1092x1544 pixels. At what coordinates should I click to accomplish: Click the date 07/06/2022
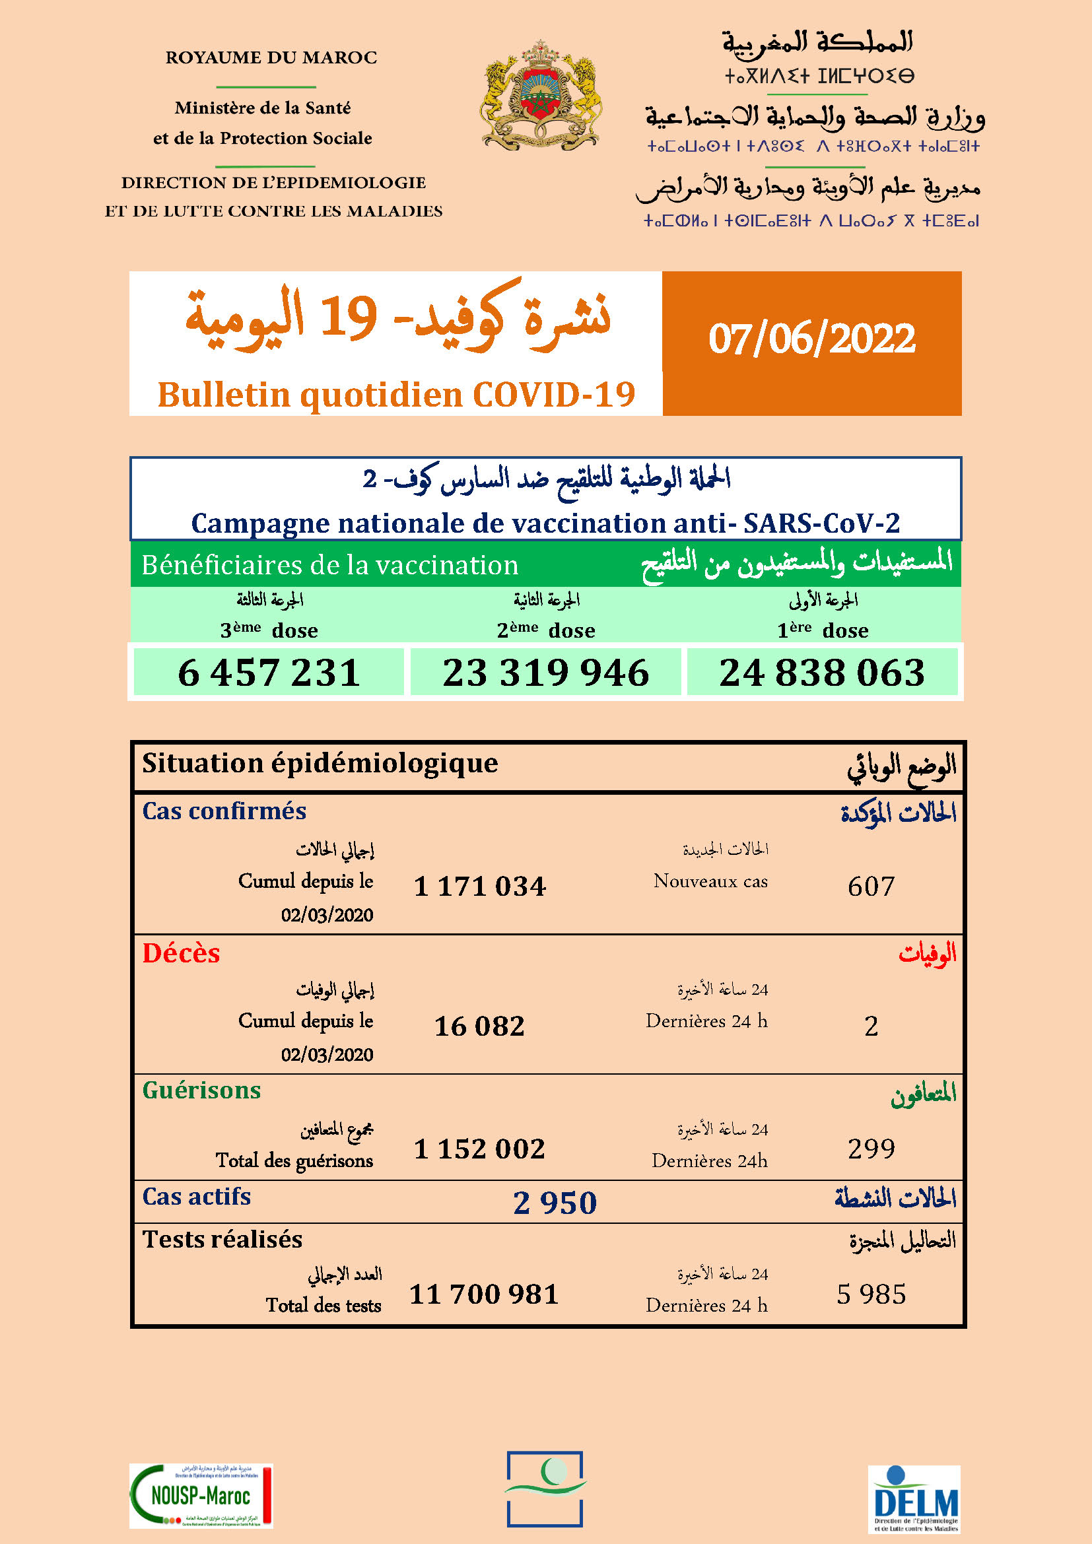811,338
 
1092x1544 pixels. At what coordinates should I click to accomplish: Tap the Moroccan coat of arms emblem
540,95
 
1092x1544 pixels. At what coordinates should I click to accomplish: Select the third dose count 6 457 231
269,672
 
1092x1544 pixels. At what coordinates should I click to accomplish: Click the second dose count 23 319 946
545,672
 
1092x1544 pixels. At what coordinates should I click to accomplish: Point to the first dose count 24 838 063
822,672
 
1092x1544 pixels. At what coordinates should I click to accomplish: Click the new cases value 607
871,887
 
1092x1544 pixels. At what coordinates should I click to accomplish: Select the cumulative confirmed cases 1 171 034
479,887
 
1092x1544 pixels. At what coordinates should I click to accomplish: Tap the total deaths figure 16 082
479,1026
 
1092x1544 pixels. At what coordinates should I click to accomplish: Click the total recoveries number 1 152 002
479,1149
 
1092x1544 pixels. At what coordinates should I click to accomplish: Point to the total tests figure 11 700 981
484,1294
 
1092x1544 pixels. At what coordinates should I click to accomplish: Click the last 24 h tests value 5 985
871,1294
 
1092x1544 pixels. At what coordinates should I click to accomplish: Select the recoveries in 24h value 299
871,1149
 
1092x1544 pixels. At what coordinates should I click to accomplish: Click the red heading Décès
181,954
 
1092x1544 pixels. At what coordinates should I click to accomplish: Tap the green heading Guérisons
201,1090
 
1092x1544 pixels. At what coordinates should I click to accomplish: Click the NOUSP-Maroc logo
201,1496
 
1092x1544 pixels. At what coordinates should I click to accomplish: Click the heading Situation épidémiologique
320,763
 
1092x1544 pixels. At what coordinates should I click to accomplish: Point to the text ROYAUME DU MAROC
271,58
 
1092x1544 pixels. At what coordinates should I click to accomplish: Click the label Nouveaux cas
710,881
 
